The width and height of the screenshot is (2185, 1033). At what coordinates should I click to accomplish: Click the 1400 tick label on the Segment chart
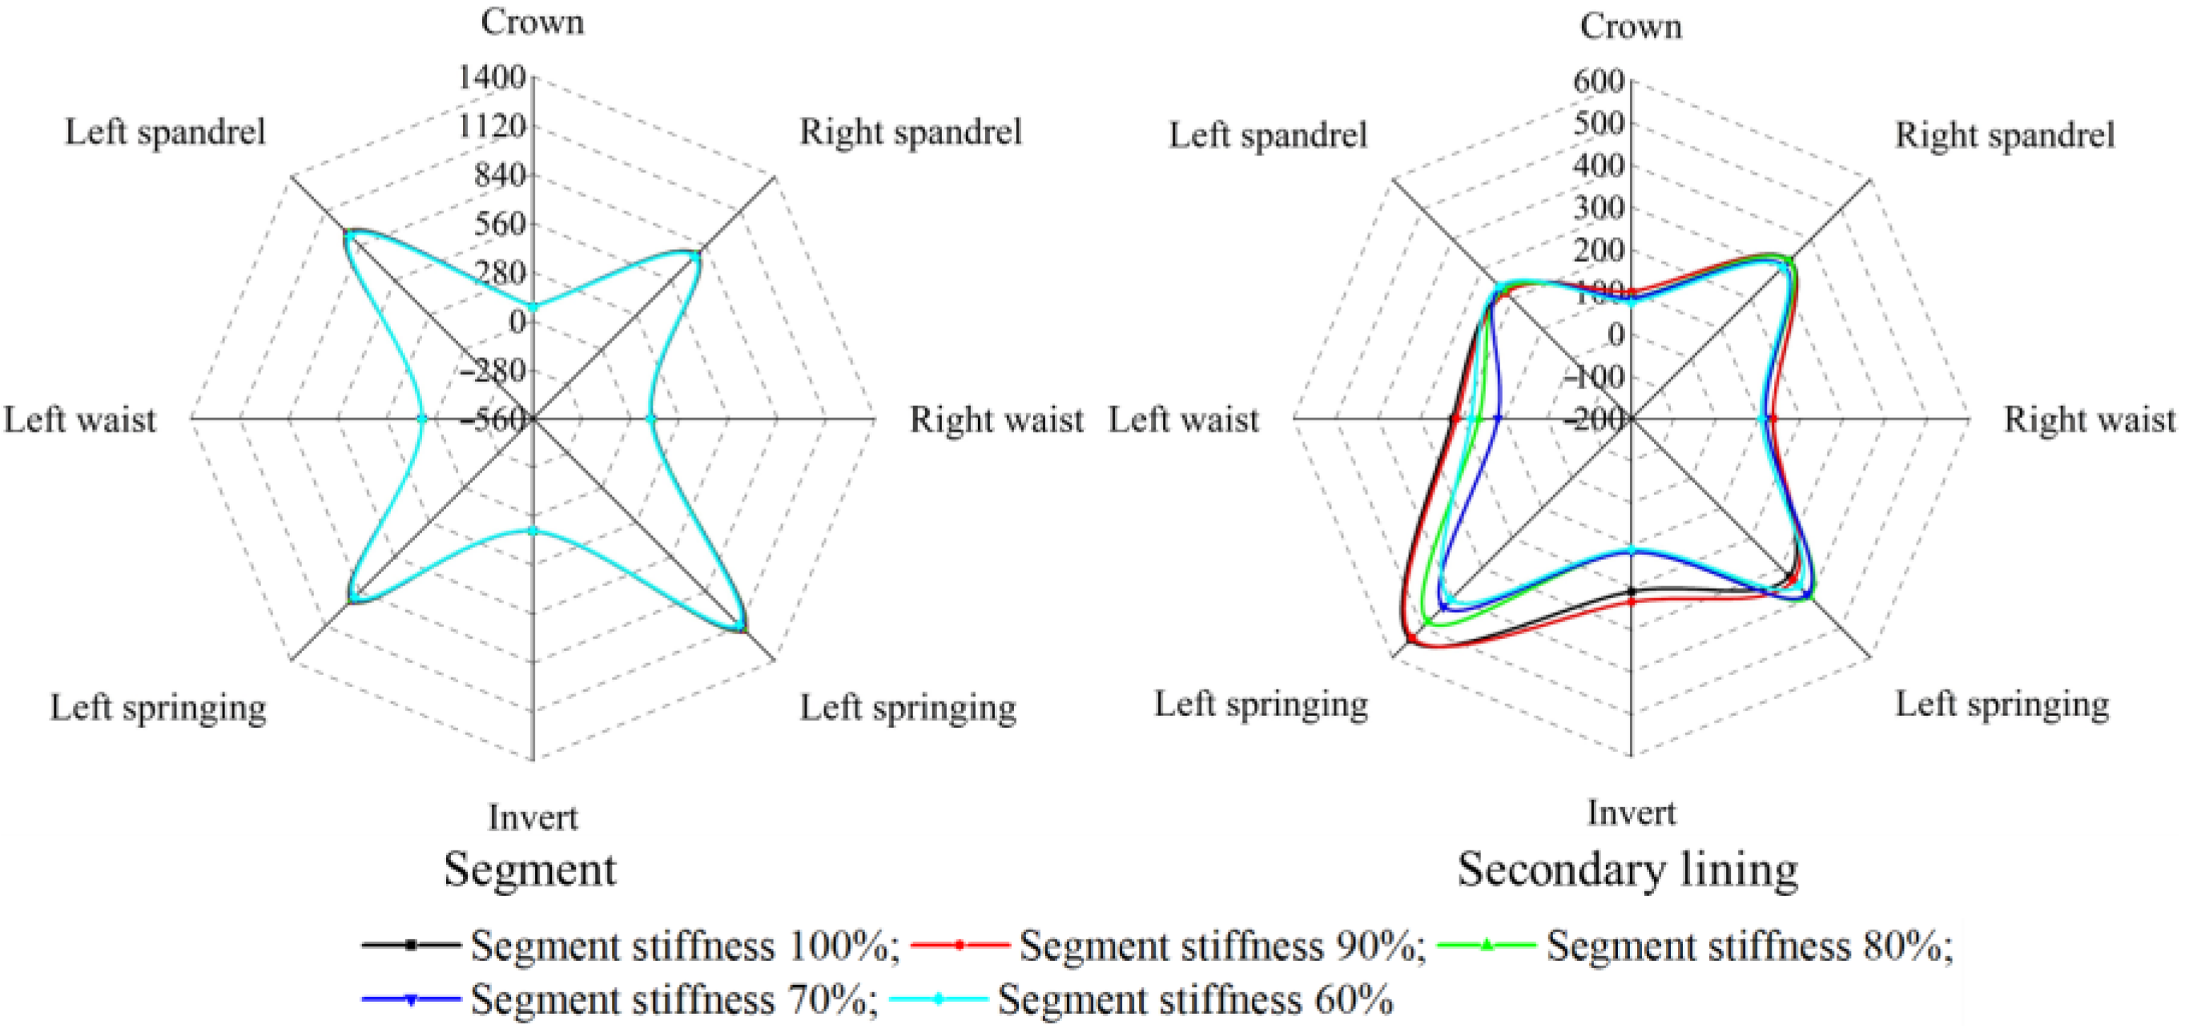(x=492, y=78)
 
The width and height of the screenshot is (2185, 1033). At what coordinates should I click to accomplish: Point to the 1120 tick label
(x=492, y=127)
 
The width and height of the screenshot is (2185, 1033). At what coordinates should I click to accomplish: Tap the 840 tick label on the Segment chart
(x=500, y=175)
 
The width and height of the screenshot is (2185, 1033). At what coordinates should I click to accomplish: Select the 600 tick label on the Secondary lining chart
(x=1598, y=82)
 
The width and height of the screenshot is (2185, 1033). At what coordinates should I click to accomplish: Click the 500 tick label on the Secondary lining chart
(x=1598, y=124)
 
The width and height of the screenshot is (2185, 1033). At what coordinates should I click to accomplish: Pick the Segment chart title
(x=530, y=870)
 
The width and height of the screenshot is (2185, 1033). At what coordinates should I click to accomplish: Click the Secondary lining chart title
(x=1628, y=870)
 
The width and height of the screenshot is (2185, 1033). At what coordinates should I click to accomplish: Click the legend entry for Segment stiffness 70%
(x=620, y=1000)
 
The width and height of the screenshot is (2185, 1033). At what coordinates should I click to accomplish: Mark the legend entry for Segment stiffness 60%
(x=1141, y=1000)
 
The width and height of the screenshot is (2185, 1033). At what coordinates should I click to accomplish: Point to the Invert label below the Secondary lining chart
(x=1631, y=813)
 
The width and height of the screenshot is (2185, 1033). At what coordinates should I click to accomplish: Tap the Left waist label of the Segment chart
(x=81, y=420)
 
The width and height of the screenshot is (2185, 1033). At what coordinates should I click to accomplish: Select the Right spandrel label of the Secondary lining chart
(x=2005, y=135)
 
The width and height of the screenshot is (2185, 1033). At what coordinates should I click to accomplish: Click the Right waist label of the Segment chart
(x=996, y=420)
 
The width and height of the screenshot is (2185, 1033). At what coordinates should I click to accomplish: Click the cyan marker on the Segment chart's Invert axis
(x=533, y=530)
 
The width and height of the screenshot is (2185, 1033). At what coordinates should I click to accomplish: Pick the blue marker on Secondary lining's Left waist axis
(x=1497, y=418)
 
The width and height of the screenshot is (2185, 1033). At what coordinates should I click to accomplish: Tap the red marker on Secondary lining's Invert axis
(x=1631, y=602)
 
